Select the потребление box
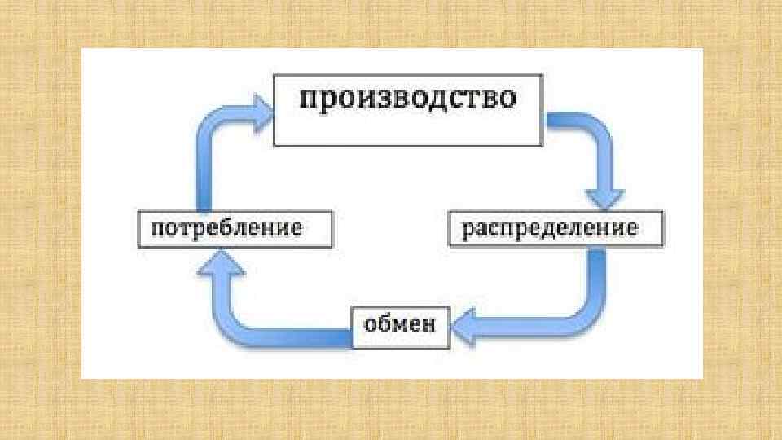235,228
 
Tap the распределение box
556,228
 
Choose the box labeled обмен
399,326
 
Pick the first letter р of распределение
468,230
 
